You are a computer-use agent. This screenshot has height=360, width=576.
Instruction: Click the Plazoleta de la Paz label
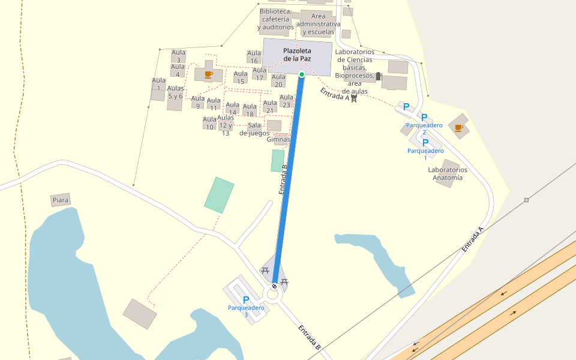pos(297,55)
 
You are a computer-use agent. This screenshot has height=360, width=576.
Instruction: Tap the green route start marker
pos(302,74)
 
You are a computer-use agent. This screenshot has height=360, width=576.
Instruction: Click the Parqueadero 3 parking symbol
pos(246,299)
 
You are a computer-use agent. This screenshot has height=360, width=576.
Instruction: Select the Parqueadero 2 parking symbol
pos(424,117)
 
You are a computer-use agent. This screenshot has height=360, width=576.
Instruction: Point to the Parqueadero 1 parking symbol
pos(425,143)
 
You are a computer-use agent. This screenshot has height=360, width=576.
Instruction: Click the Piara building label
pos(61,200)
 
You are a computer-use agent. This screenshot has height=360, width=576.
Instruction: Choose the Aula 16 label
pos(254,57)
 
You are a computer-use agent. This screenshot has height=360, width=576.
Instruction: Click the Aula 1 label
pos(158,84)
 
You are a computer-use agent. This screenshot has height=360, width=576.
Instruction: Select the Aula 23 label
pos(286,101)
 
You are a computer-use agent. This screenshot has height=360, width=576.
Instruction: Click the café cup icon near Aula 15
pos(208,74)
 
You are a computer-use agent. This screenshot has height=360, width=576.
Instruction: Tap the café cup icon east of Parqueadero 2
pos(458,127)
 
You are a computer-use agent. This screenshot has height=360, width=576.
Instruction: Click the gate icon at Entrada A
pos(354,98)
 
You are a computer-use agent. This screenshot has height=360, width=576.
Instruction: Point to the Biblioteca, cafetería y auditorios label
pos(276,19)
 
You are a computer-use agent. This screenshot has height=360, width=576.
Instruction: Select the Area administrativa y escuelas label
pos(319,24)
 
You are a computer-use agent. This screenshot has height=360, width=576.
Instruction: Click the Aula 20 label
pos(278,80)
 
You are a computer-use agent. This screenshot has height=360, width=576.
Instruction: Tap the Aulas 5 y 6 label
pos(175,92)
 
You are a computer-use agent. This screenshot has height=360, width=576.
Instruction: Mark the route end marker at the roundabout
pos(274,286)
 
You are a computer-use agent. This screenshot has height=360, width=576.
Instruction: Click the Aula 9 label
pos(197,102)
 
